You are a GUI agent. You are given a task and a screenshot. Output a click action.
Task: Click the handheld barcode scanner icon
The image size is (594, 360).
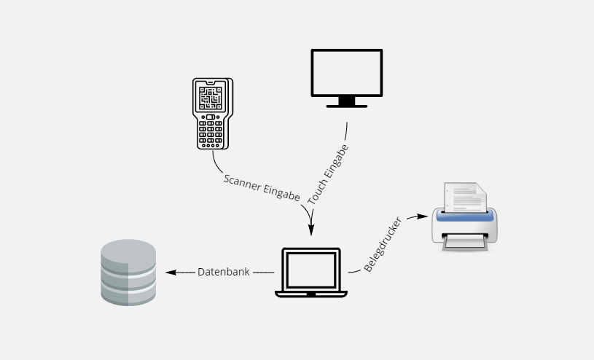point(212,114)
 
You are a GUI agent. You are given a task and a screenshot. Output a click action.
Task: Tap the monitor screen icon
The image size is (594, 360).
point(346,74)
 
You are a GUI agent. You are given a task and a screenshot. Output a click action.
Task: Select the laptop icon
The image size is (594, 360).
point(311,271)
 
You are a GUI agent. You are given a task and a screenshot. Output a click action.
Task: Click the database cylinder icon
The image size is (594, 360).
point(128,272)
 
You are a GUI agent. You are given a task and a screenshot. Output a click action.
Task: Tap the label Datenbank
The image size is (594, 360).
point(223,272)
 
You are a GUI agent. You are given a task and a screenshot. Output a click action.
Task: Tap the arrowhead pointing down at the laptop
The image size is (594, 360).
point(311,229)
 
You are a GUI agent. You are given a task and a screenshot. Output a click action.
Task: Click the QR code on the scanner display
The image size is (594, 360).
point(212,98)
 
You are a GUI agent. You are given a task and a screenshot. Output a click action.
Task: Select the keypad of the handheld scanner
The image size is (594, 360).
point(212,132)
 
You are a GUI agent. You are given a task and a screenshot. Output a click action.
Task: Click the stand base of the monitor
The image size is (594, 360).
point(346,106)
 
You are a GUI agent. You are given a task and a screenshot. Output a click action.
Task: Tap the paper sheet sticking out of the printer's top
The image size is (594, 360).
point(464,197)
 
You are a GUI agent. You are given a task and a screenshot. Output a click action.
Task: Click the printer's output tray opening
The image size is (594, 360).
point(464,240)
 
